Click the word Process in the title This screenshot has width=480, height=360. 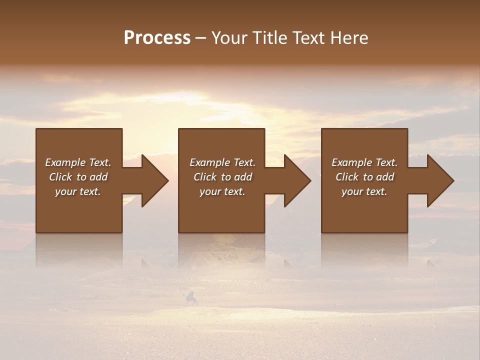click(157, 38)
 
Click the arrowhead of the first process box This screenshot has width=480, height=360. click(153, 180)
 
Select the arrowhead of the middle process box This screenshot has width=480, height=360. click(295, 180)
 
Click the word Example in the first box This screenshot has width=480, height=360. click(65, 162)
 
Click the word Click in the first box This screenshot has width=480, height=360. click(60, 177)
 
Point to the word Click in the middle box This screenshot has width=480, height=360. click(204, 177)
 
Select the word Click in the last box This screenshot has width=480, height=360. click(346, 177)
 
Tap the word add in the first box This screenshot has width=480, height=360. click(98, 177)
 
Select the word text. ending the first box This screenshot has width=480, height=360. click(89, 191)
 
